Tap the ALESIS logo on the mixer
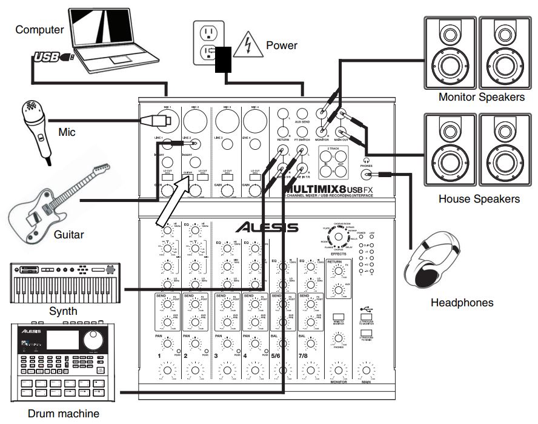(x=267, y=227)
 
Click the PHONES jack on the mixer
(x=365, y=175)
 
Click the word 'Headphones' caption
(x=462, y=302)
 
